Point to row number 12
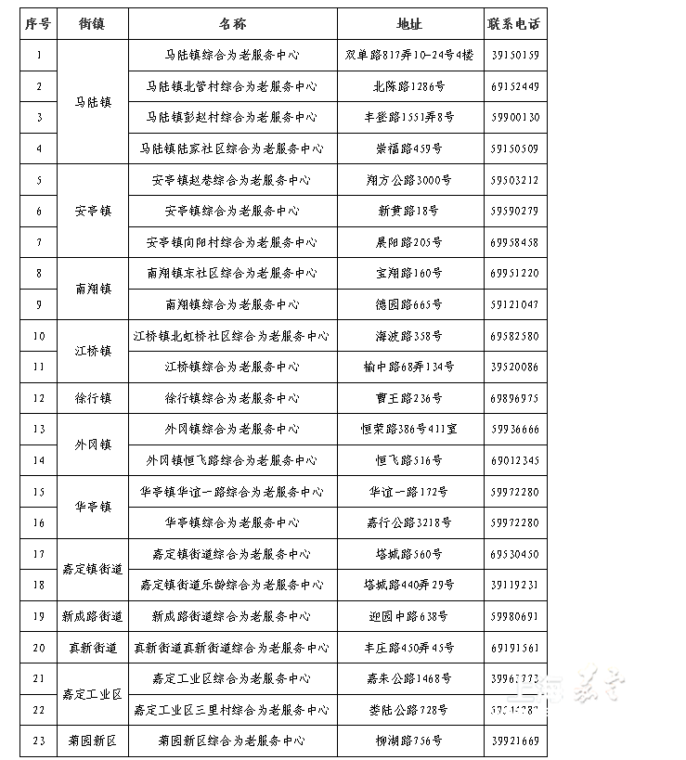pyautogui.click(x=39, y=398)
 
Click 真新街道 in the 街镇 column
pyautogui.click(x=93, y=648)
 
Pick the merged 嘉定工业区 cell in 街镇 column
pyautogui.click(x=93, y=694)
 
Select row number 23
pyautogui.click(x=39, y=741)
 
